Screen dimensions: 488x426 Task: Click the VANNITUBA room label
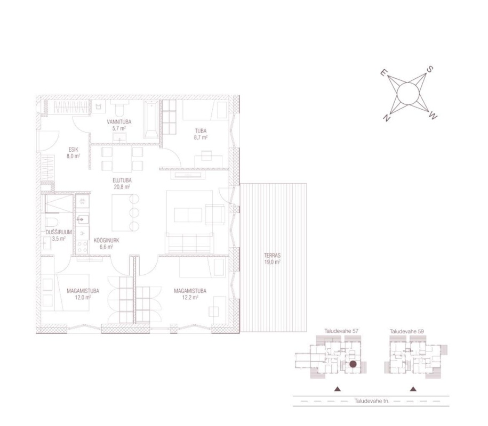click(119, 122)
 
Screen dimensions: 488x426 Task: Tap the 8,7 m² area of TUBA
click(201, 137)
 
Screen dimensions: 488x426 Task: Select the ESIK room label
click(74, 150)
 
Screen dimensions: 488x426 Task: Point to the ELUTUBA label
click(122, 180)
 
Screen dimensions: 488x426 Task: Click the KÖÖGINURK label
click(107, 240)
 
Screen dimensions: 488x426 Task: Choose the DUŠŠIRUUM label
click(59, 232)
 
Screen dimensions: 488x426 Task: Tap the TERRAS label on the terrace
click(273, 256)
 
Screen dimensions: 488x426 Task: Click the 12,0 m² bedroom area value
click(83, 297)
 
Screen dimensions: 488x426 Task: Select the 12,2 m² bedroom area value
click(190, 297)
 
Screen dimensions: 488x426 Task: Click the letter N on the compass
click(387, 118)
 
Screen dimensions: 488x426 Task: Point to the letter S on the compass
click(429, 69)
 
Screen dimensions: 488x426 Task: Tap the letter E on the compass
click(384, 73)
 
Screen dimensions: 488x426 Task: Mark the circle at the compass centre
click(409, 94)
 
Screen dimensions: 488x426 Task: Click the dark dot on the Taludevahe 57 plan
click(353, 364)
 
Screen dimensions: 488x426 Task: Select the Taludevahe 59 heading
click(407, 331)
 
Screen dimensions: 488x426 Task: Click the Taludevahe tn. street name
click(372, 401)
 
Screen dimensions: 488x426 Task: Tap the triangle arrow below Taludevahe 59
click(413, 389)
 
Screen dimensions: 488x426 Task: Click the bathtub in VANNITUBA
click(151, 119)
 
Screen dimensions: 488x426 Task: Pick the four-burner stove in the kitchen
click(82, 247)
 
